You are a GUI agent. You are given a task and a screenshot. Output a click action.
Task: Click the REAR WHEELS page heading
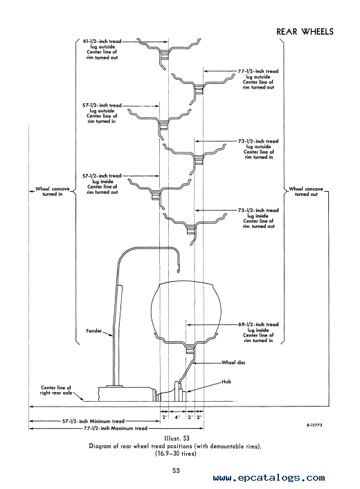[305, 31]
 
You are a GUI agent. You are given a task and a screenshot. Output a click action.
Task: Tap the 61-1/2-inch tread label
[102, 49]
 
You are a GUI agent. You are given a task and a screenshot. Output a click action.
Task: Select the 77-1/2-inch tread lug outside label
[258, 79]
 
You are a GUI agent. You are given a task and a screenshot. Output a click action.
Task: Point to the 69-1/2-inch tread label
[258, 332]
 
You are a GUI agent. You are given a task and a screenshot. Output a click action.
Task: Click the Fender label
[94, 330]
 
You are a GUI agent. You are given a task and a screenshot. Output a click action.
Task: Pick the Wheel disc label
[233, 362]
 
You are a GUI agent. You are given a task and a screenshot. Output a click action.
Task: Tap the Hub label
[226, 382]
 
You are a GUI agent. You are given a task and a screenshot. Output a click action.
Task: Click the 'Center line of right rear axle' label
[56, 390]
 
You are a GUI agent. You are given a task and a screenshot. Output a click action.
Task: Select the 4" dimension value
[177, 417]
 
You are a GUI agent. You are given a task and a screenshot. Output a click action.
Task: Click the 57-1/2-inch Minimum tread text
[93, 421]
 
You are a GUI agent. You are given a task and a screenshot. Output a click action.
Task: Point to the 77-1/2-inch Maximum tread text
[116, 428]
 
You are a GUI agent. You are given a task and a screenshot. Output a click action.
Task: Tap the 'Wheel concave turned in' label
[53, 191]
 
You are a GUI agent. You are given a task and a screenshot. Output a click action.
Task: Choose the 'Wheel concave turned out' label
[306, 191]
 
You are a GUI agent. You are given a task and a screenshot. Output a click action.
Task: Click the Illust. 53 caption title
[177, 438]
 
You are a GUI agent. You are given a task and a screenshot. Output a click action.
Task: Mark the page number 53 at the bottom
[176, 470]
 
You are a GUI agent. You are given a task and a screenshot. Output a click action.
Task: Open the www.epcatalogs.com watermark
[269, 478]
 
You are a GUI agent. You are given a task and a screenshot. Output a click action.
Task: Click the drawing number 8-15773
[314, 425]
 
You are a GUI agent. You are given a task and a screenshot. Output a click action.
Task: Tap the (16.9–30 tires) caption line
[176, 454]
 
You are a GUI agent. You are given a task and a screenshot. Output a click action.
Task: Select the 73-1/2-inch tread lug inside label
[258, 218]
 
